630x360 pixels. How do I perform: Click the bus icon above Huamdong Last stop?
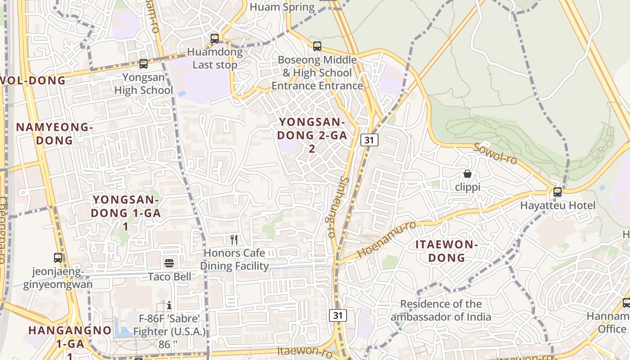coord(215,39)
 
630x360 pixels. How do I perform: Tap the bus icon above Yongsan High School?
coord(144,64)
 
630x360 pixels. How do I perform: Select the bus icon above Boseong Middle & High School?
coord(317,46)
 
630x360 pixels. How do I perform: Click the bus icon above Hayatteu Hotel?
coord(558,192)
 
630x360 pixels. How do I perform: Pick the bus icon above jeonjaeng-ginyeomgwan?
coord(58,258)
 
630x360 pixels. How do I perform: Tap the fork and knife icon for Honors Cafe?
coord(234,239)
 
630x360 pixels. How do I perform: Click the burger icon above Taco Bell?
coord(169,263)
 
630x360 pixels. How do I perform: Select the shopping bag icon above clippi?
coord(468,174)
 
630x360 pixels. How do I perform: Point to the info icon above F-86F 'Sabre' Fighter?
coord(169,306)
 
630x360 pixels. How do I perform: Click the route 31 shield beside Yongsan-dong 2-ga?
coord(369,140)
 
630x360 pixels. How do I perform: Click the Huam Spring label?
coord(282,7)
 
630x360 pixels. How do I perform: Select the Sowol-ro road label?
coord(495,154)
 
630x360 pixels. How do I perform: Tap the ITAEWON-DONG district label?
coord(446,251)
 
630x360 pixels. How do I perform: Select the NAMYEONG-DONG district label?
coord(54,134)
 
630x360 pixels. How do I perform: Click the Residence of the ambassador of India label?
coord(441,310)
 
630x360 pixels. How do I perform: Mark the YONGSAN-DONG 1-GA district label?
coord(126,213)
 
